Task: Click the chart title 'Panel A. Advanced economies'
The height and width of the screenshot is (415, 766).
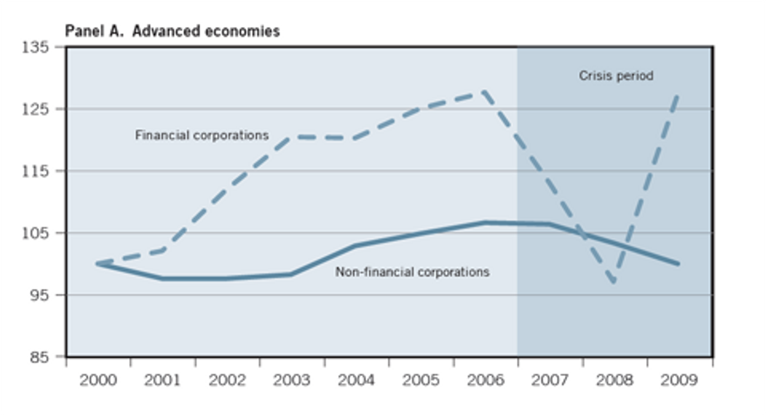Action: [172, 31]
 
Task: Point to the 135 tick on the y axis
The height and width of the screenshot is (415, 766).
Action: [35, 47]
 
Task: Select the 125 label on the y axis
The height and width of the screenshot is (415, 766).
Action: [35, 109]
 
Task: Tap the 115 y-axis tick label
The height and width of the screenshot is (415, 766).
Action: [35, 171]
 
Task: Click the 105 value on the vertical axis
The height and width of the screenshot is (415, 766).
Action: [35, 233]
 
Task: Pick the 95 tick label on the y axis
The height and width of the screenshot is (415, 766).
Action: [39, 295]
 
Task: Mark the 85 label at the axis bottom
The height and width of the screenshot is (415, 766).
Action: [39, 358]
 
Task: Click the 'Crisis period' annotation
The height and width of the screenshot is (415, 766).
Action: [616, 76]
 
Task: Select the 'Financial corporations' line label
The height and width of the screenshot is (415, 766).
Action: [202, 135]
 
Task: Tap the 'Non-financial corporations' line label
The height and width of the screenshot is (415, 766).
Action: [412, 272]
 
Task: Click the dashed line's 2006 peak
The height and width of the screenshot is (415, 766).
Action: [484, 92]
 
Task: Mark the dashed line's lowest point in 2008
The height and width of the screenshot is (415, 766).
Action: [615, 282]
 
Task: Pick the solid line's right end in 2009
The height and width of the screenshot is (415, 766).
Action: [679, 263]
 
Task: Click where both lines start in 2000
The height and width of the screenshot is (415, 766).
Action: [97, 263]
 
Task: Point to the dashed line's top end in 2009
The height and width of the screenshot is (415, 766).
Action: [678, 94]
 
